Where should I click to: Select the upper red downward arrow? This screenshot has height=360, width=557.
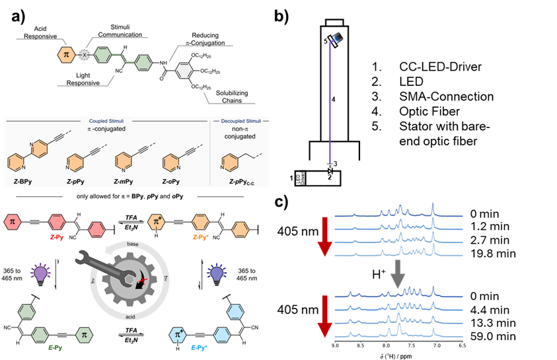click(x=324, y=238)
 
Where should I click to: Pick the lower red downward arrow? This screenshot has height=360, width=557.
click(x=324, y=318)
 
